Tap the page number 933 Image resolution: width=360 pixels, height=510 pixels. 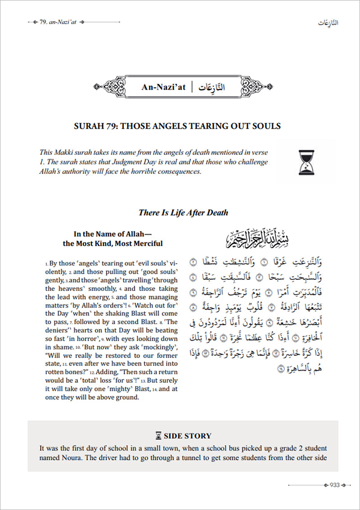click(334, 484)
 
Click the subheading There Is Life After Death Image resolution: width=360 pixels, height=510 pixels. click(183, 213)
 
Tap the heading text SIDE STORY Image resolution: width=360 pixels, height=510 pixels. click(187, 435)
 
